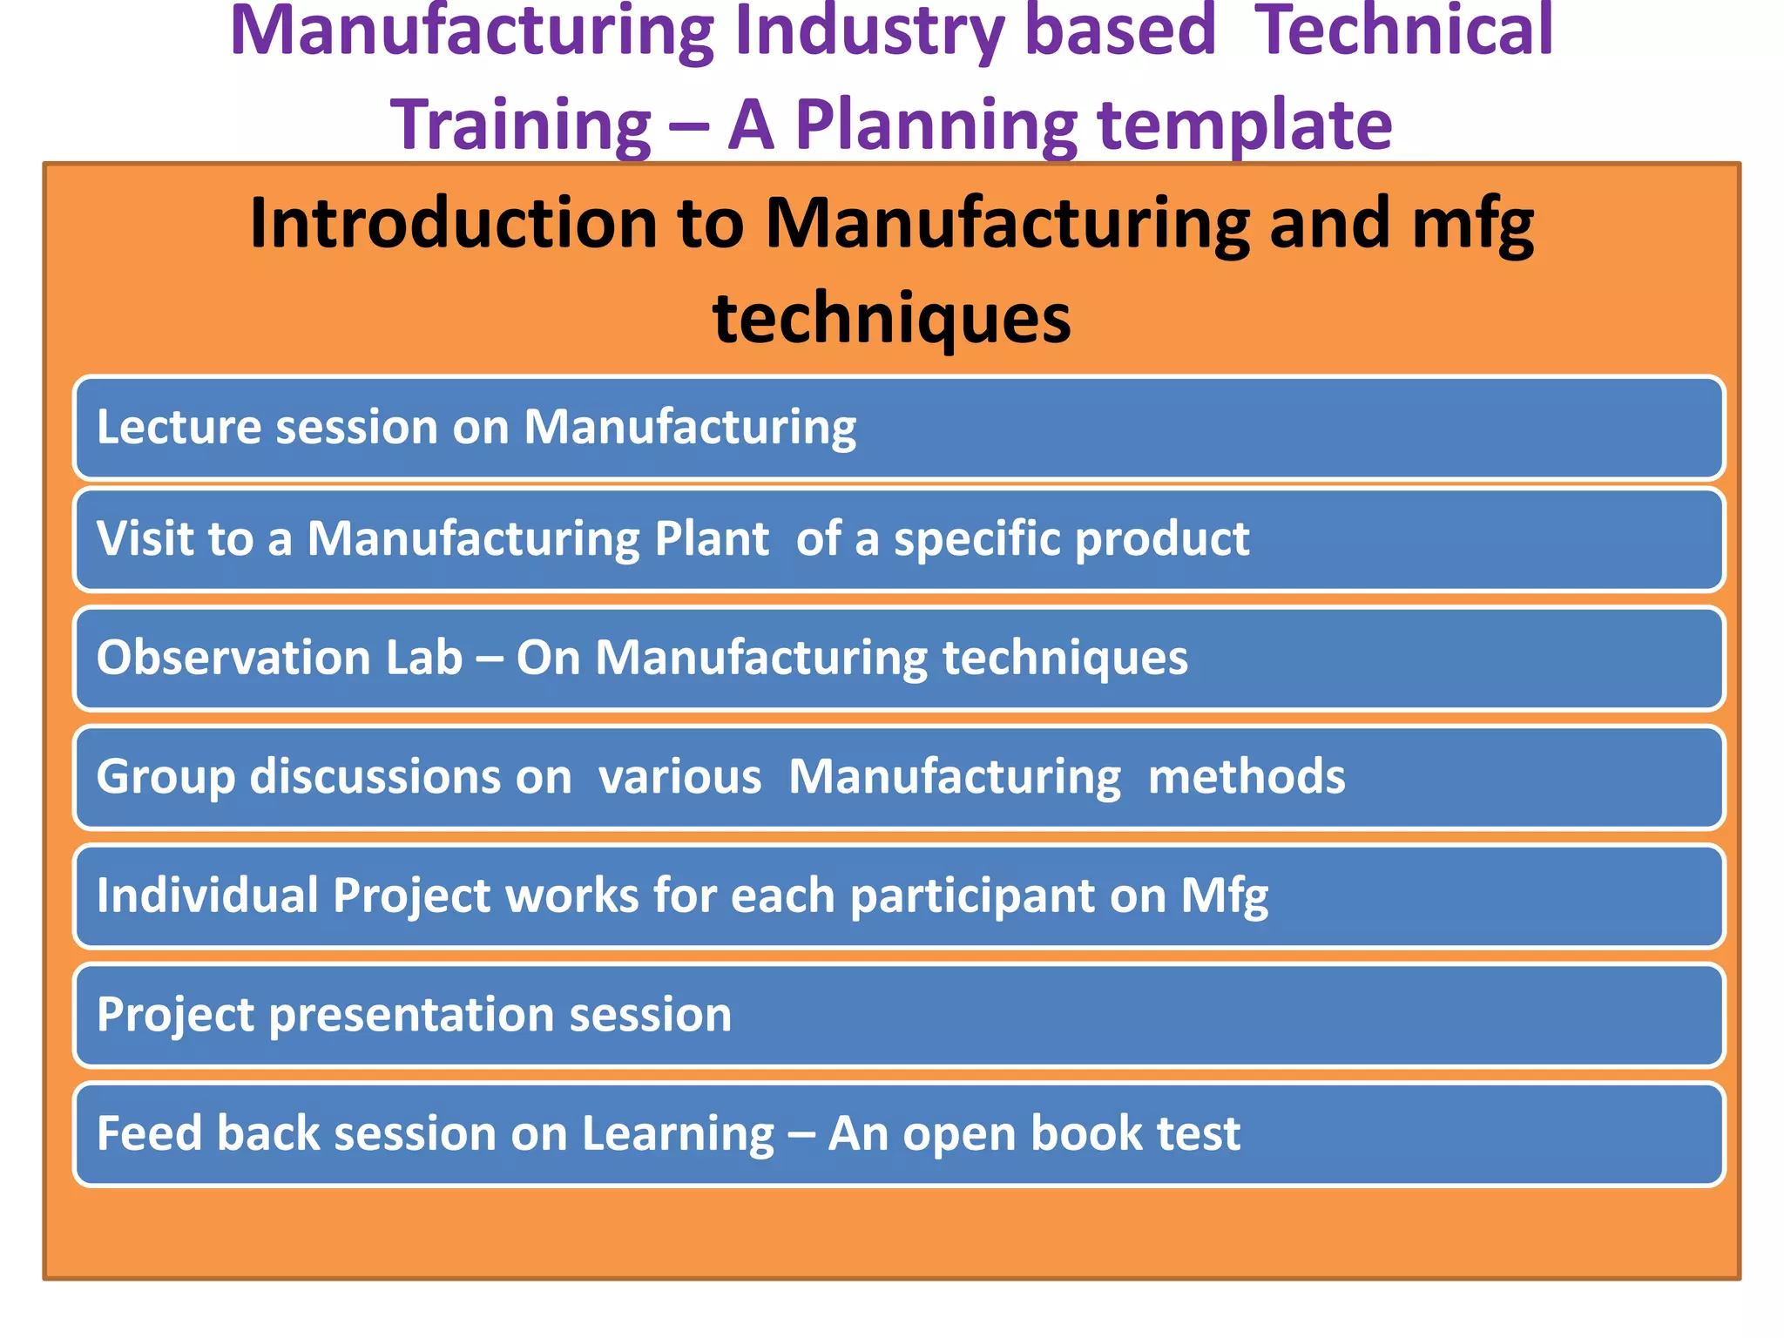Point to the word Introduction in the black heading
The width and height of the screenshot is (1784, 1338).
pos(453,223)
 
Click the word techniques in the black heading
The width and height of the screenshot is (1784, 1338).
pos(891,318)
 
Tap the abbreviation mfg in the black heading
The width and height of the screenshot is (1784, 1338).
pos(1472,225)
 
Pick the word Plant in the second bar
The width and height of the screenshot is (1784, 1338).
pos(712,538)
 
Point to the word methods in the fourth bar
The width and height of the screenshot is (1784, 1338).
pos(1246,776)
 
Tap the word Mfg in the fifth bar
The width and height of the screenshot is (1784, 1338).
pos(1224,896)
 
